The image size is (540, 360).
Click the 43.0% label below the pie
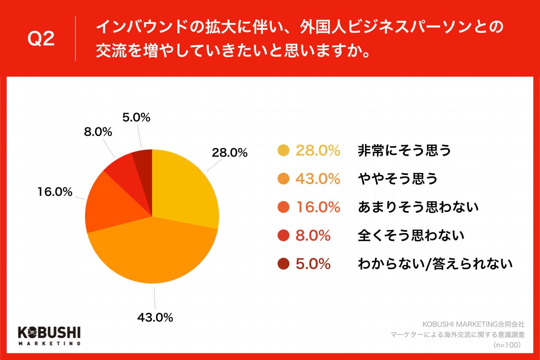(x=155, y=317)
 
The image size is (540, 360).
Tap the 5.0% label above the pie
(x=136, y=118)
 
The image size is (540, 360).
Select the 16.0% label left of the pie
(x=54, y=192)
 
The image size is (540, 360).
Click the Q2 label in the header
(x=41, y=40)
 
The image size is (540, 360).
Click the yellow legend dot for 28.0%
(x=283, y=151)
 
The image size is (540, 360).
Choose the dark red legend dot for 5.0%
(x=283, y=264)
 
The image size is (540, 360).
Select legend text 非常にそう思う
(x=404, y=151)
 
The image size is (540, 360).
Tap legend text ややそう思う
(x=397, y=179)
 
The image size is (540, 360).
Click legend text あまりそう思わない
(x=418, y=207)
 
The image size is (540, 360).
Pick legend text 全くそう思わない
(x=411, y=235)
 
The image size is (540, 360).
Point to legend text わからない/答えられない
(x=435, y=264)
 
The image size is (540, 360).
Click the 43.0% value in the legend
(x=317, y=179)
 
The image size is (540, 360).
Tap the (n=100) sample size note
(x=507, y=345)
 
